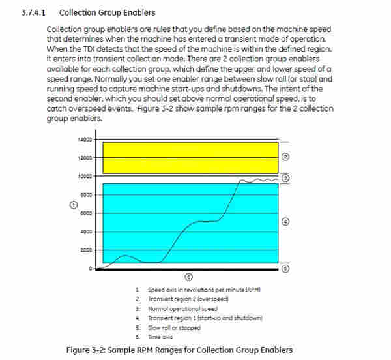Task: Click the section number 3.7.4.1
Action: [x=33, y=12]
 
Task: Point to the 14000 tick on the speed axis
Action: [x=85, y=139]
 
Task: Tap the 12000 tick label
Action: [x=85, y=157]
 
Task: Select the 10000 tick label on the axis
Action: [x=85, y=176]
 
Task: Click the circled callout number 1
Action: [x=73, y=204]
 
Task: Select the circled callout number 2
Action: [x=285, y=157]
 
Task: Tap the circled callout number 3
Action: [x=285, y=177]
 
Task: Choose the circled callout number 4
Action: [x=285, y=222]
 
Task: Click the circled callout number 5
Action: [x=285, y=267]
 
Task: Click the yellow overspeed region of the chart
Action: [x=189, y=157]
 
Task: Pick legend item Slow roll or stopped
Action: [x=167, y=327]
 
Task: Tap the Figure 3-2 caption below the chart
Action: [x=180, y=350]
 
